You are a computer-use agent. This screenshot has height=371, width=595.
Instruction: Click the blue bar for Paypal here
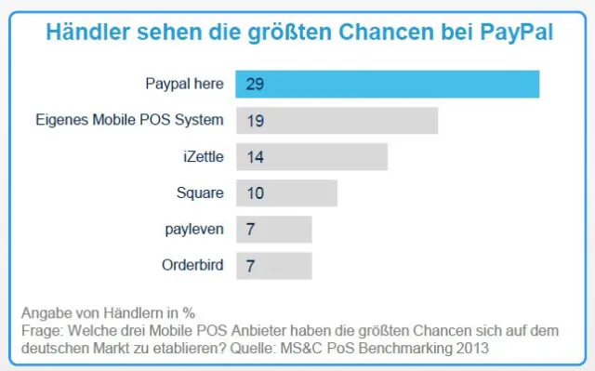coord(388,84)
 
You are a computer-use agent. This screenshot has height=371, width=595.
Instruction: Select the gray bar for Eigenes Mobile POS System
coord(337,120)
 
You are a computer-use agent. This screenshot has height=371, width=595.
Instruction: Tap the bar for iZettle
coord(311,156)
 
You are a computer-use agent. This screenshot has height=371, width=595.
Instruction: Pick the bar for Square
coord(286,193)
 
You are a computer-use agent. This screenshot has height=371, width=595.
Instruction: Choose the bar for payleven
coord(274,229)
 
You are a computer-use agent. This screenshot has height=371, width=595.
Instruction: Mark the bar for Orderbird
coord(274,265)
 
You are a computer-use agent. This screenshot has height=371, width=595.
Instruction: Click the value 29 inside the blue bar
coord(256,84)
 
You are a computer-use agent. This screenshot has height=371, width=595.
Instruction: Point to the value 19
coord(256,120)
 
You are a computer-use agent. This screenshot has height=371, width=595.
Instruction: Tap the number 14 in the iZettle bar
coord(256,156)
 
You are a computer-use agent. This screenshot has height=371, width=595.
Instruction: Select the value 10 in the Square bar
coord(256,193)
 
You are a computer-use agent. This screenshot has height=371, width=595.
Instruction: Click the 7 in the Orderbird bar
coord(251,265)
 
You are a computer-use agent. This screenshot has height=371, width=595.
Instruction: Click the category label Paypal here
coord(184,84)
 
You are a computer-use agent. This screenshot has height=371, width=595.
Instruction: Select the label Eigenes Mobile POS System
coord(129,120)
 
